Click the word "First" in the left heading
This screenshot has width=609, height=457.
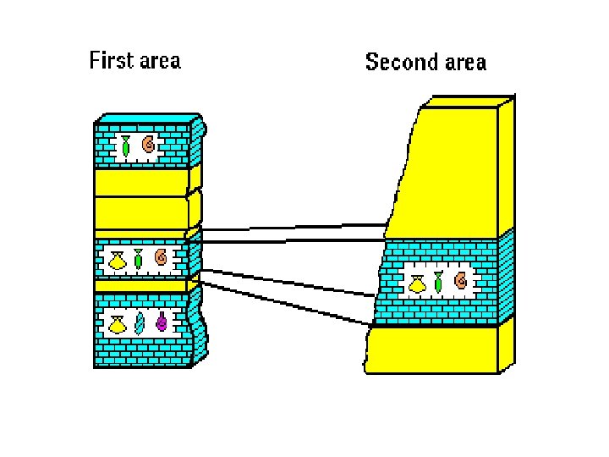[111, 61]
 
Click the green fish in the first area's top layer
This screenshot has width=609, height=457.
[125, 146]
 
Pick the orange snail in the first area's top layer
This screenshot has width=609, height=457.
[148, 145]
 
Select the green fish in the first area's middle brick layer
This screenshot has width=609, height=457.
[138, 258]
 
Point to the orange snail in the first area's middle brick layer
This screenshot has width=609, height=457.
[160, 257]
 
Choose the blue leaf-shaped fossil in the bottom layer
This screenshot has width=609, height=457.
[140, 323]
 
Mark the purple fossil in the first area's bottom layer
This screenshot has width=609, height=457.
[161, 322]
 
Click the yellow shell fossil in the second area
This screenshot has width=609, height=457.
[417, 283]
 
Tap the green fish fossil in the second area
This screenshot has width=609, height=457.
[438, 282]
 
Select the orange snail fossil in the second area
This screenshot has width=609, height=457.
[460, 281]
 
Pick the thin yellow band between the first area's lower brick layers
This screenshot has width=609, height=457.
[140, 286]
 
